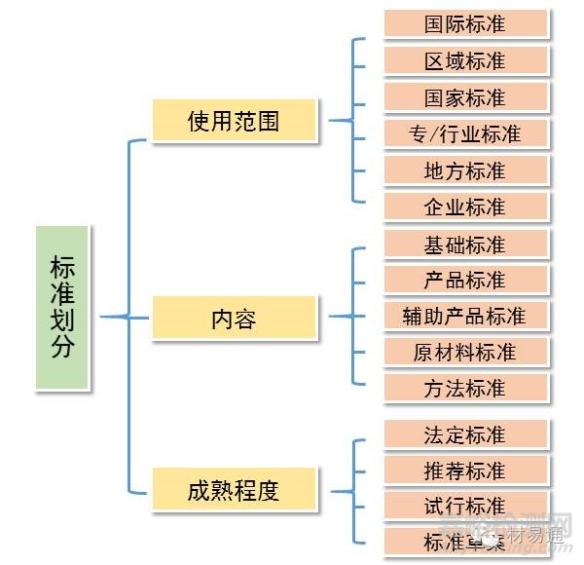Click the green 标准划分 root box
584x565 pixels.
click(63, 308)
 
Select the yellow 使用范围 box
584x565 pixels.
click(234, 121)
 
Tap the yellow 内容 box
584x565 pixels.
click(234, 318)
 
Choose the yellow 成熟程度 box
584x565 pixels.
click(234, 489)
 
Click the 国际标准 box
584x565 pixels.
click(465, 24)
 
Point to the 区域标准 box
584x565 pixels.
click(465, 60)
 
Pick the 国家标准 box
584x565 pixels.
click(465, 97)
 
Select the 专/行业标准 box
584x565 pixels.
click(465, 133)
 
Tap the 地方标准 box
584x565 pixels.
click(465, 170)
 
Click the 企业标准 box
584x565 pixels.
click(465, 207)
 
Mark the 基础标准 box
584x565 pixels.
click(465, 244)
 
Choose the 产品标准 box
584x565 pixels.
click(465, 280)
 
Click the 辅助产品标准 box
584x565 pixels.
click(465, 316)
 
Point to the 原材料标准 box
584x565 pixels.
click(465, 352)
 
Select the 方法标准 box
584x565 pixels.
click(465, 388)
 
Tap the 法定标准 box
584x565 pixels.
click(465, 434)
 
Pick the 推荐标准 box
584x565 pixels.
click(465, 471)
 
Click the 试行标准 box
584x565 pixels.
click(465, 507)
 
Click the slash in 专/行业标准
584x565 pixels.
click(433, 134)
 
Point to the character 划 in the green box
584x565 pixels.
click(63, 320)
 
